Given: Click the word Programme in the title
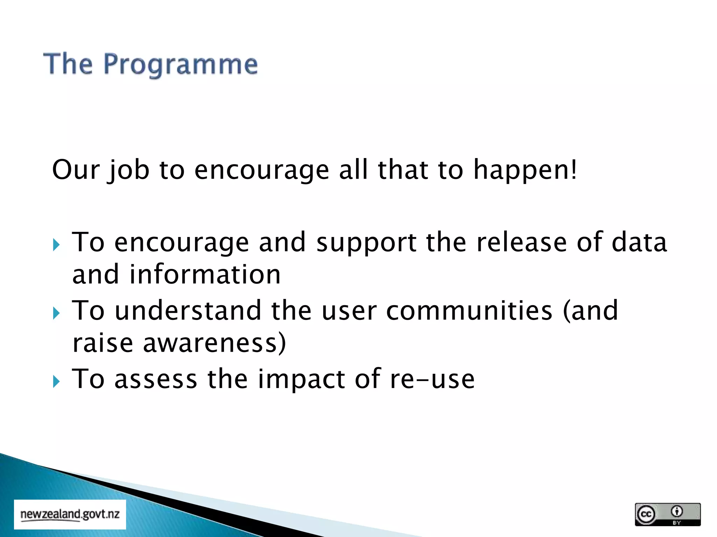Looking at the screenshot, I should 181,65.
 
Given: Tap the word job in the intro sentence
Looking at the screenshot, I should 128,170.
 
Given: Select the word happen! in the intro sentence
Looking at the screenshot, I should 525,170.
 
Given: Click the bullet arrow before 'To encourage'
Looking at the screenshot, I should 56,245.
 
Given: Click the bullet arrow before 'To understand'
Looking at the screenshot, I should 56,313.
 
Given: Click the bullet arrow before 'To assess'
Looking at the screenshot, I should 56,381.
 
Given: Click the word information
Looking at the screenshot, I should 205,274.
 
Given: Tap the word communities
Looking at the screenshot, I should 469,310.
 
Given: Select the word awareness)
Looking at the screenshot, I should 214,343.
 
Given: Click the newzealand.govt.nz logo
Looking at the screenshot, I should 70,515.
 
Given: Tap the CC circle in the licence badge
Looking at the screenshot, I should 646,514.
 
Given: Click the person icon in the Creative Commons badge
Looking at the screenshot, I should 677,511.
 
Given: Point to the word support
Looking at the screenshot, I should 366,243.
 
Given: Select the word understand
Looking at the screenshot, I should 188,310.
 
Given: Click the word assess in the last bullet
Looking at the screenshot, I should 156,379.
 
